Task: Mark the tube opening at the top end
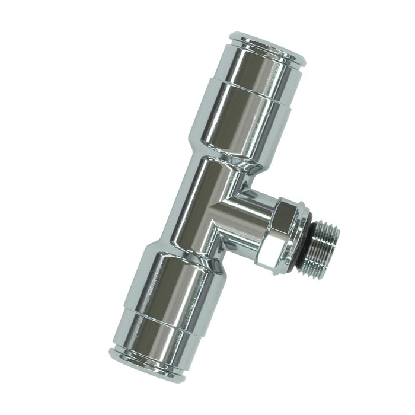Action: (x=268, y=41)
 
